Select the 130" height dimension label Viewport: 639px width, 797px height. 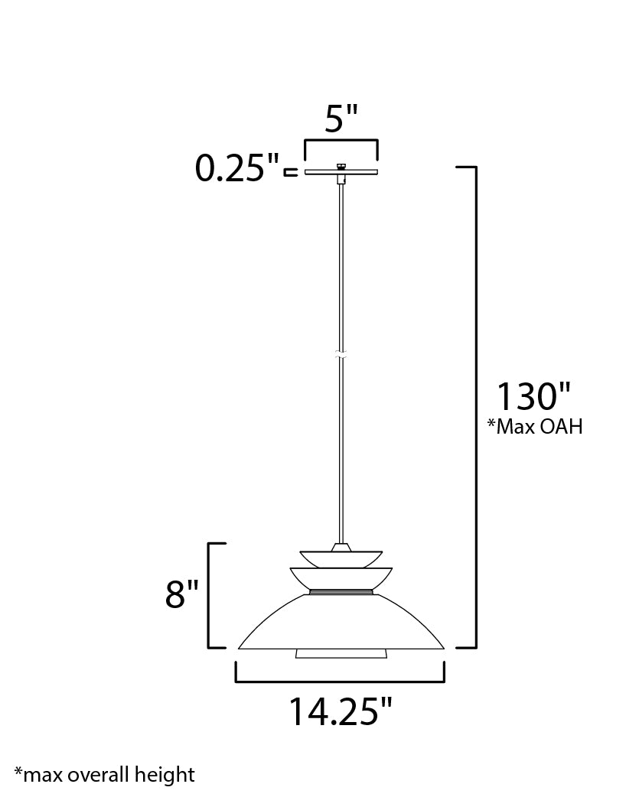pos(533,396)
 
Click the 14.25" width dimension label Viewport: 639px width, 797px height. pos(341,711)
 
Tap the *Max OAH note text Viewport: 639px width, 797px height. pos(535,427)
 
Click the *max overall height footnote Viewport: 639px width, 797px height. pos(104,775)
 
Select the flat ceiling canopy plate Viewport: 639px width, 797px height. pos(341,172)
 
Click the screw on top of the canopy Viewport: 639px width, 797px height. pos(341,166)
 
